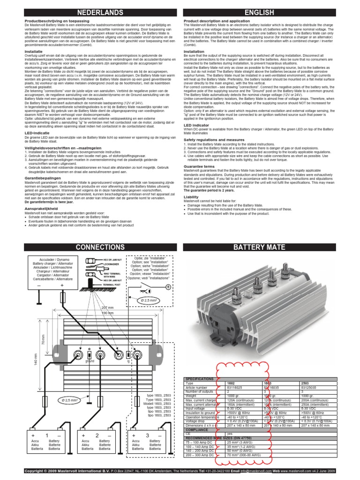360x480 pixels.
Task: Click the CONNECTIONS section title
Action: (x=91, y=247)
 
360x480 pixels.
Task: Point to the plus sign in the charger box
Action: (x=61, y=285)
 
